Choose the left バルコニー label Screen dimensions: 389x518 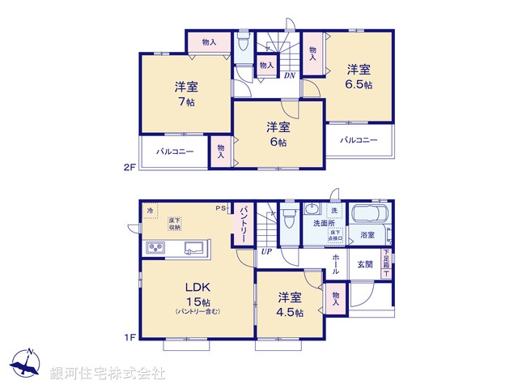[175, 152]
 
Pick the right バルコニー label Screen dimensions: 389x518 [359, 140]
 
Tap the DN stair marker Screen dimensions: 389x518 [289, 76]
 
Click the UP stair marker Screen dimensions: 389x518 [265, 251]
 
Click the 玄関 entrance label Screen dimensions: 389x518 [365, 264]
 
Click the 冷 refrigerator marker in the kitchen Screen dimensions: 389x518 [150, 211]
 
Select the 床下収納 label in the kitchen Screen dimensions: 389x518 [175, 224]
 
